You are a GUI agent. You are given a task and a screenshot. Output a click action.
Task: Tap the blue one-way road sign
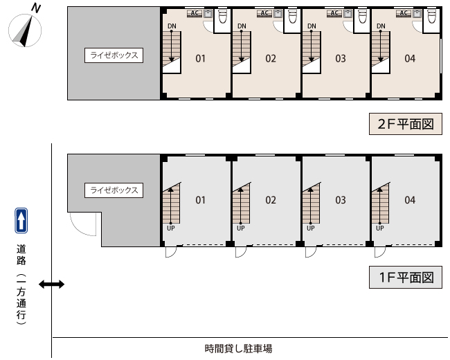[x=21, y=220]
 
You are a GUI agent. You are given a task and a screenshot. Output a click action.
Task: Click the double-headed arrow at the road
[x=52, y=285]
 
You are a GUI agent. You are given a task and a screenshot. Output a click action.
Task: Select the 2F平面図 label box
[x=406, y=124]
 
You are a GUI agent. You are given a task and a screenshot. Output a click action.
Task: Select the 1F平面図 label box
[x=406, y=278]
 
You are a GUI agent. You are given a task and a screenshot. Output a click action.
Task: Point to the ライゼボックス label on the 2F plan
[x=114, y=55]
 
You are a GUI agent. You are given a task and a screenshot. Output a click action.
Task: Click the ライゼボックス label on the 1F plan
[x=114, y=190]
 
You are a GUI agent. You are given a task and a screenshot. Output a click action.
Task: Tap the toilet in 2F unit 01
[x=223, y=16]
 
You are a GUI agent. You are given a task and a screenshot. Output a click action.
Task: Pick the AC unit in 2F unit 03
[x=334, y=13]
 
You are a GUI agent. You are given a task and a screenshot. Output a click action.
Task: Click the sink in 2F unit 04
[x=417, y=13]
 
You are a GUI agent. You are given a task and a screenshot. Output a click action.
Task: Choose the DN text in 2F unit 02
[x=242, y=26]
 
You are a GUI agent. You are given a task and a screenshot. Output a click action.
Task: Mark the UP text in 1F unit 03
[x=311, y=228]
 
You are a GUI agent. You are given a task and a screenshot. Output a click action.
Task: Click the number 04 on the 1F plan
[x=410, y=200]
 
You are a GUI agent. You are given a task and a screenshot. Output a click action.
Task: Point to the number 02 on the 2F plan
[x=271, y=59]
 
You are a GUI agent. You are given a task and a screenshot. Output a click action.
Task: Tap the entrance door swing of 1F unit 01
[x=171, y=252]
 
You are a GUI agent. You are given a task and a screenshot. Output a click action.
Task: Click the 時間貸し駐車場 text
[x=238, y=348]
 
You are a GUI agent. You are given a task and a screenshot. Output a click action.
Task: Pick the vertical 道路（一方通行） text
[x=21, y=285]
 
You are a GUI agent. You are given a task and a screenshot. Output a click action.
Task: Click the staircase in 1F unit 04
[x=381, y=204]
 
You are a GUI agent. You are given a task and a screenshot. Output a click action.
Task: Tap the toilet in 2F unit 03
[x=363, y=16]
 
